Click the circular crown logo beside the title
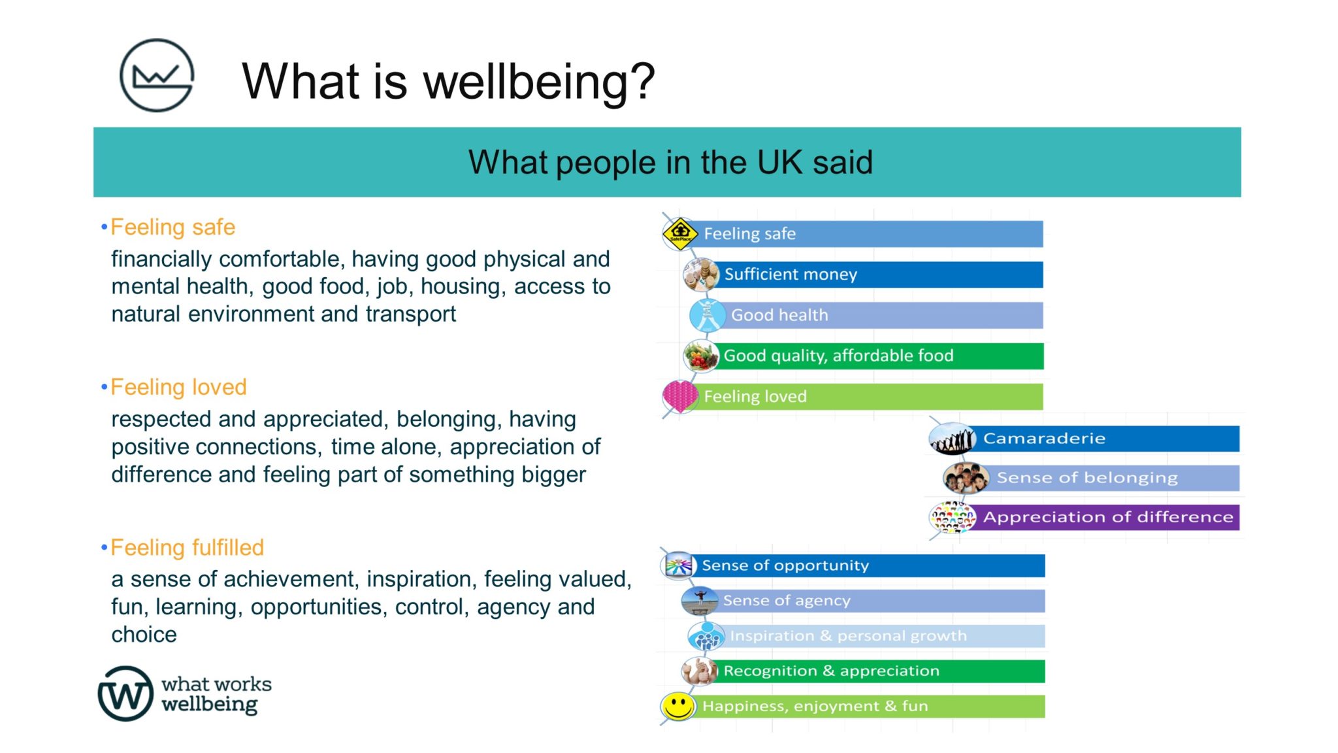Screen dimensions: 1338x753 pyautogui.click(x=157, y=75)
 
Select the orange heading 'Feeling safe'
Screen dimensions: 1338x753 pyautogui.click(x=172, y=227)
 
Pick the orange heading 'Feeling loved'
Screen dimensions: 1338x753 pyautogui.click(x=178, y=388)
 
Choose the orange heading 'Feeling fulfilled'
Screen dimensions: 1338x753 pyautogui.click(x=187, y=548)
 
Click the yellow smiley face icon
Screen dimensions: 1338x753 pyautogui.click(x=678, y=706)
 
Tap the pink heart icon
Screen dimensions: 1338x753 pyautogui.click(x=679, y=395)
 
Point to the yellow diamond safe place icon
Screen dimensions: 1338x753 pyautogui.click(x=680, y=233)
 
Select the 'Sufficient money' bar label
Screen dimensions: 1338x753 pyautogui.click(x=791, y=275)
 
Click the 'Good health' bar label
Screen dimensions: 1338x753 pyautogui.click(x=779, y=315)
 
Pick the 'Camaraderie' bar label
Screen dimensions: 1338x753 pyautogui.click(x=1044, y=439)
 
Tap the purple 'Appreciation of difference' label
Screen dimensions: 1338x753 pyautogui.click(x=1108, y=517)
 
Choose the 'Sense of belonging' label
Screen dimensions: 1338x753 pyautogui.click(x=1087, y=478)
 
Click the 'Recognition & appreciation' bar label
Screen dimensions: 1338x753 pyautogui.click(x=831, y=671)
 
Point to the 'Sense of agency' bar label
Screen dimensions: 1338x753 pyautogui.click(x=787, y=601)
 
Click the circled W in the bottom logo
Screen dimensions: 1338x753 pyautogui.click(x=125, y=694)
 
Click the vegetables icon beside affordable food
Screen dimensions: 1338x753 pyautogui.click(x=700, y=356)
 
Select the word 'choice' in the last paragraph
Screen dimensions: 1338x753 pyautogui.click(x=144, y=635)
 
